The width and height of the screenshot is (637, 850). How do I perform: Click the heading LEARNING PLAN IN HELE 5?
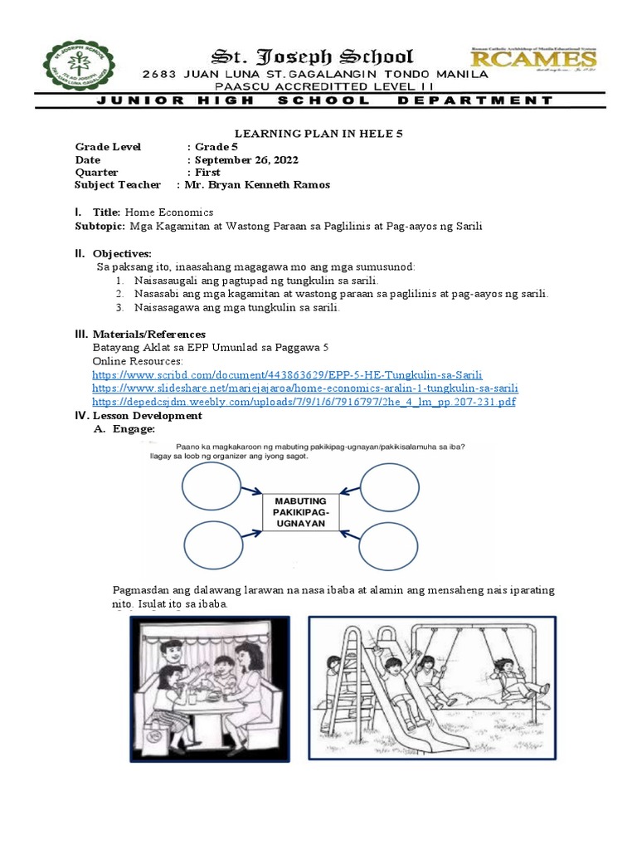(318, 132)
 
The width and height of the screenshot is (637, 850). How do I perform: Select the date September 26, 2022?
(246, 159)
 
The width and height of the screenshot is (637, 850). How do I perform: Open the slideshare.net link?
(305, 388)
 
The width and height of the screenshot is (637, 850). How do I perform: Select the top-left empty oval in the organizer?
(212, 486)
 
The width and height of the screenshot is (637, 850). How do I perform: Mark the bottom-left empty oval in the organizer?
(212, 546)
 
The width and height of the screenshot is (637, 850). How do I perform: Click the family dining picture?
(210, 689)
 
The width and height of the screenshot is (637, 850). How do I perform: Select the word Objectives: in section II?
(124, 252)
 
